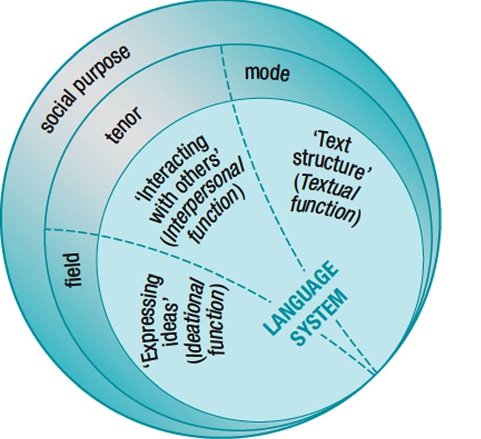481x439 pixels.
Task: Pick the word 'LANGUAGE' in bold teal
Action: [301, 298]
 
